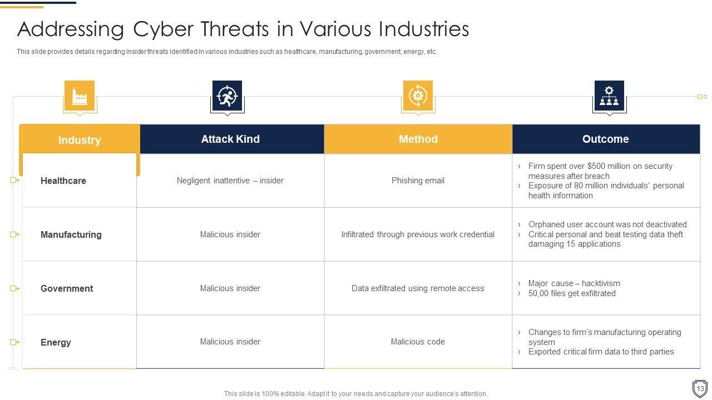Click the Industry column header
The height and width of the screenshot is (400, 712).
pyautogui.click(x=80, y=140)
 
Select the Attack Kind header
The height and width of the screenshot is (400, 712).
pyautogui.click(x=230, y=139)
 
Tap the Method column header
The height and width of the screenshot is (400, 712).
pyautogui.click(x=418, y=139)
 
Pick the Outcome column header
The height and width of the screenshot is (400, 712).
pyautogui.click(x=606, y=139)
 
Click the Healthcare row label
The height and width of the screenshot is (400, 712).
pyautogui.click(x=63, y=181)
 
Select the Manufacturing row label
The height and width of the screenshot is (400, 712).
pyautogui.click(x=71, y=234)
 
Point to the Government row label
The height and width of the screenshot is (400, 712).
pyautogui.click(x=67, y=288)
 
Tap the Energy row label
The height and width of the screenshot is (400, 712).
pyautogui.click(x=56, y=342)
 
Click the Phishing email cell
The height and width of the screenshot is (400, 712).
pyautogui.click(x=418, y=181)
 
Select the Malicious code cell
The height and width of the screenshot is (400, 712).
pyautogui.click(x=418, y=342)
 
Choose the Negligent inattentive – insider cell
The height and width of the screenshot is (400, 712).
pyautogui.click(x=230, y=181)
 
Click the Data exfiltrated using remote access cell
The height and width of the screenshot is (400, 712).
pyautogui.click(x=418, y=288)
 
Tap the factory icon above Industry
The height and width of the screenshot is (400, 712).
pyautogui.click(x=80, y=96)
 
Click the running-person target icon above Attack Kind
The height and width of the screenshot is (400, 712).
pyautogui.click(x=228, y=96)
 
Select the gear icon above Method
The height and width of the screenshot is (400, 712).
pyautogui.click(x=418, y=96)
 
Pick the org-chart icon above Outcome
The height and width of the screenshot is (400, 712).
pyautogui.click(x=609, y=96)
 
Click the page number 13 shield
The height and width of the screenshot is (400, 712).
pyautogui.click(x=700, y=388)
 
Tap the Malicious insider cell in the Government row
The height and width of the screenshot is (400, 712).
pyautogui.click(x=230, y=288)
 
